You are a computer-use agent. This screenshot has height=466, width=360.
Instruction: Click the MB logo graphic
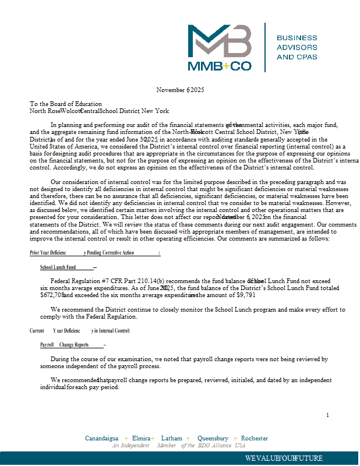[219, 41]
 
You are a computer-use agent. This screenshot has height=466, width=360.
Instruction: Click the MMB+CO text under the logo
[220, 66]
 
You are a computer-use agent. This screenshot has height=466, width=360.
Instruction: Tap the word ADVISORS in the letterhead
[297, 47]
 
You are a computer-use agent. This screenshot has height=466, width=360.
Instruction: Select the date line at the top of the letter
[180, 90]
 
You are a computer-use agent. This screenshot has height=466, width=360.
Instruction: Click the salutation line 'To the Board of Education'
[66, 104]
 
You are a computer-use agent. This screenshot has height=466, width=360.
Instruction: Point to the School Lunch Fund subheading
[58, 267]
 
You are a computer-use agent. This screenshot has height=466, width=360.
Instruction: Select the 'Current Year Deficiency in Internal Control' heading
[80, 331]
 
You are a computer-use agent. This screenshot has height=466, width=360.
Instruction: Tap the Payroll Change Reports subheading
[64, 345]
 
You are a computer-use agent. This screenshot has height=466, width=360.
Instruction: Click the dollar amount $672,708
[52, 295]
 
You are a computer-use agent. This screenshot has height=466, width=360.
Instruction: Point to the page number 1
[327, 415]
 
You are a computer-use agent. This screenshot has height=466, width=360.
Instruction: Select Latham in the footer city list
[171, 438]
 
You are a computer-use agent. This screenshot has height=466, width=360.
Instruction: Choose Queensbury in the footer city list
[213, 438]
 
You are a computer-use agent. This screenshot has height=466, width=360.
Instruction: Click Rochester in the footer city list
[255, 438]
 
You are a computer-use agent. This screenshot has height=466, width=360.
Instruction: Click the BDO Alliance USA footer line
[179, 445]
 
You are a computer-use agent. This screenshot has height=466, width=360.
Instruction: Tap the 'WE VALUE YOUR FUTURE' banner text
[284, 458]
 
